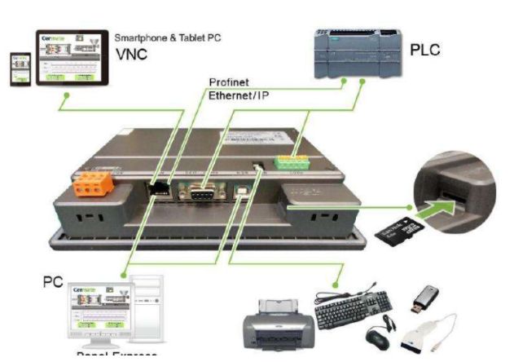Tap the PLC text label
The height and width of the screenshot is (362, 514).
tap(425, 51)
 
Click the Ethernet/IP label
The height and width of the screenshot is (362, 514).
tap(239, 95)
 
